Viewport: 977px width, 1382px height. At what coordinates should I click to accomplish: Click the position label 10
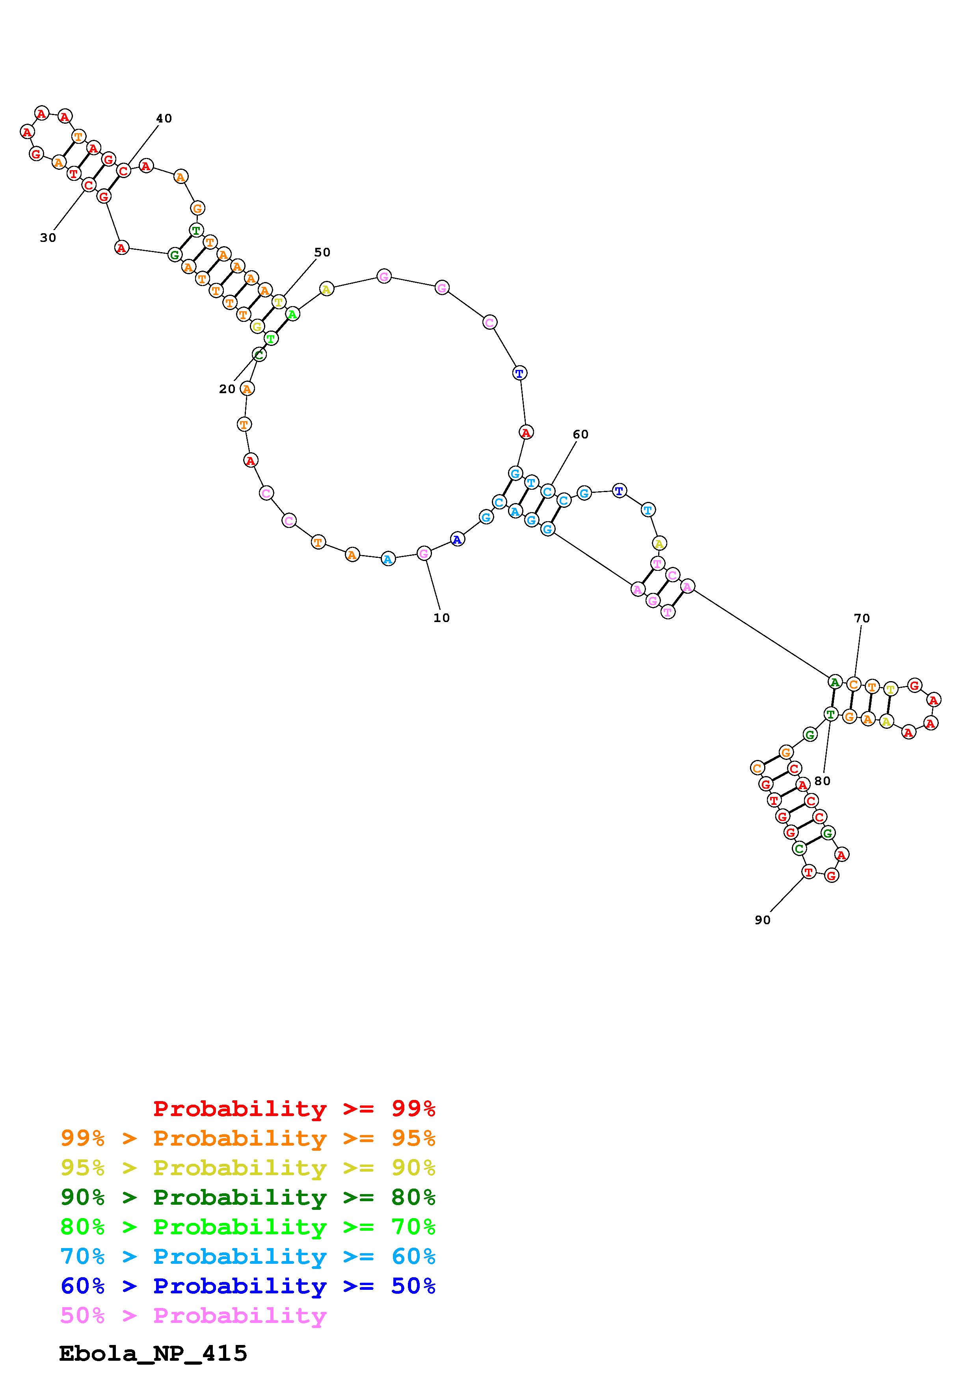441,618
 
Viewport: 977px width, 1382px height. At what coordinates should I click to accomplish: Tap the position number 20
227,390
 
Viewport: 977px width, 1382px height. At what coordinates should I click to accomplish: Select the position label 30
48,238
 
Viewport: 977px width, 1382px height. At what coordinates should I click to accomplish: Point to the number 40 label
164,119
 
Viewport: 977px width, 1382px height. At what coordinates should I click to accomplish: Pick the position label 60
580,435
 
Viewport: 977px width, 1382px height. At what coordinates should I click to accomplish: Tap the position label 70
862,618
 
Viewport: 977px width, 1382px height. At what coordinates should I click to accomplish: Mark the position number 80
822,781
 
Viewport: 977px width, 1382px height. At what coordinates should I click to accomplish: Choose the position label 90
762,920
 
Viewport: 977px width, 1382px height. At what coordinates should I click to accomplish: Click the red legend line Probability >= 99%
294,1108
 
